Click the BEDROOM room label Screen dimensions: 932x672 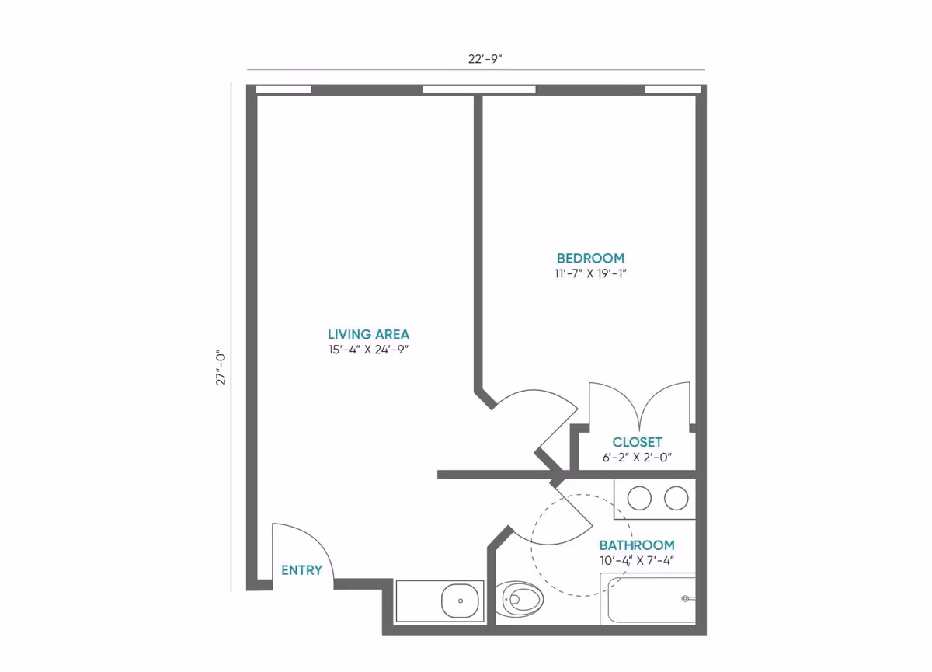(590, 259)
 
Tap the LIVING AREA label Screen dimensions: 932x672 (369, 334)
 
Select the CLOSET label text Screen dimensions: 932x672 (637, 442)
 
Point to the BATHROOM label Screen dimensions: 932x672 (637, 545)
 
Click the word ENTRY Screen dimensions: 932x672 (301, 570)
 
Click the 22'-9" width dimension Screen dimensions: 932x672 (485, 59)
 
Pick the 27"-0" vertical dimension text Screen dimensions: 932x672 (221, 369)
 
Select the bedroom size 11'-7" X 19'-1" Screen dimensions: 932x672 (590, 273)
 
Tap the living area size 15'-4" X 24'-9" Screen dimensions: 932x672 (369, 350)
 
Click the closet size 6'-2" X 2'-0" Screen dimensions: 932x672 (637, 458)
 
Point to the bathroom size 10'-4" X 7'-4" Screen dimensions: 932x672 (637, 560)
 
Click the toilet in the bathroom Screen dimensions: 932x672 (520, 600)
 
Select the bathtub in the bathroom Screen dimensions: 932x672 (648, 599)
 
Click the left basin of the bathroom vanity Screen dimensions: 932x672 (639, 498)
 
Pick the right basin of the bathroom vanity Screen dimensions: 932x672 (676, 498)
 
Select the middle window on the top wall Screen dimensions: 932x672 (479, 90)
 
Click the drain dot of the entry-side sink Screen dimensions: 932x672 (460, 601)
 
